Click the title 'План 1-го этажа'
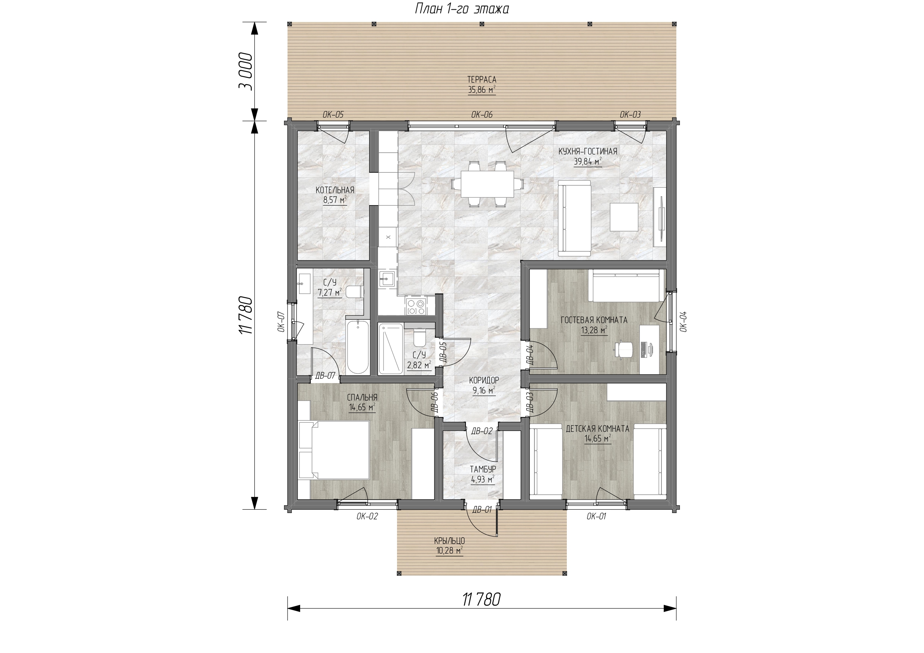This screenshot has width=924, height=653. pos(461,9)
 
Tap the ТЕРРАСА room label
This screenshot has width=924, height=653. pos(481,80)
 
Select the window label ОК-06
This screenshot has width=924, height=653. pos(482,115)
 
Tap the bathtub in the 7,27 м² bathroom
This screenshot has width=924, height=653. pos(358,347)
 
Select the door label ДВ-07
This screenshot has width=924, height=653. pos(325,376)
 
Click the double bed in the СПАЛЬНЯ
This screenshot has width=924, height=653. pos(334,450)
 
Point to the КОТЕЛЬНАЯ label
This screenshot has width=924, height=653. pos(335,190)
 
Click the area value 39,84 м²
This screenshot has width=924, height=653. pos(588,162)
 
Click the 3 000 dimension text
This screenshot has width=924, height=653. pos(246,71)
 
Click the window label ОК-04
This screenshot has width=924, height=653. pos(683,321)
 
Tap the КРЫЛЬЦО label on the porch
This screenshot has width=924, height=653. pos(450,541)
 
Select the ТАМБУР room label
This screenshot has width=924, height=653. pos(483,469)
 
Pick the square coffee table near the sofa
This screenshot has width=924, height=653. pos(624,217)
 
